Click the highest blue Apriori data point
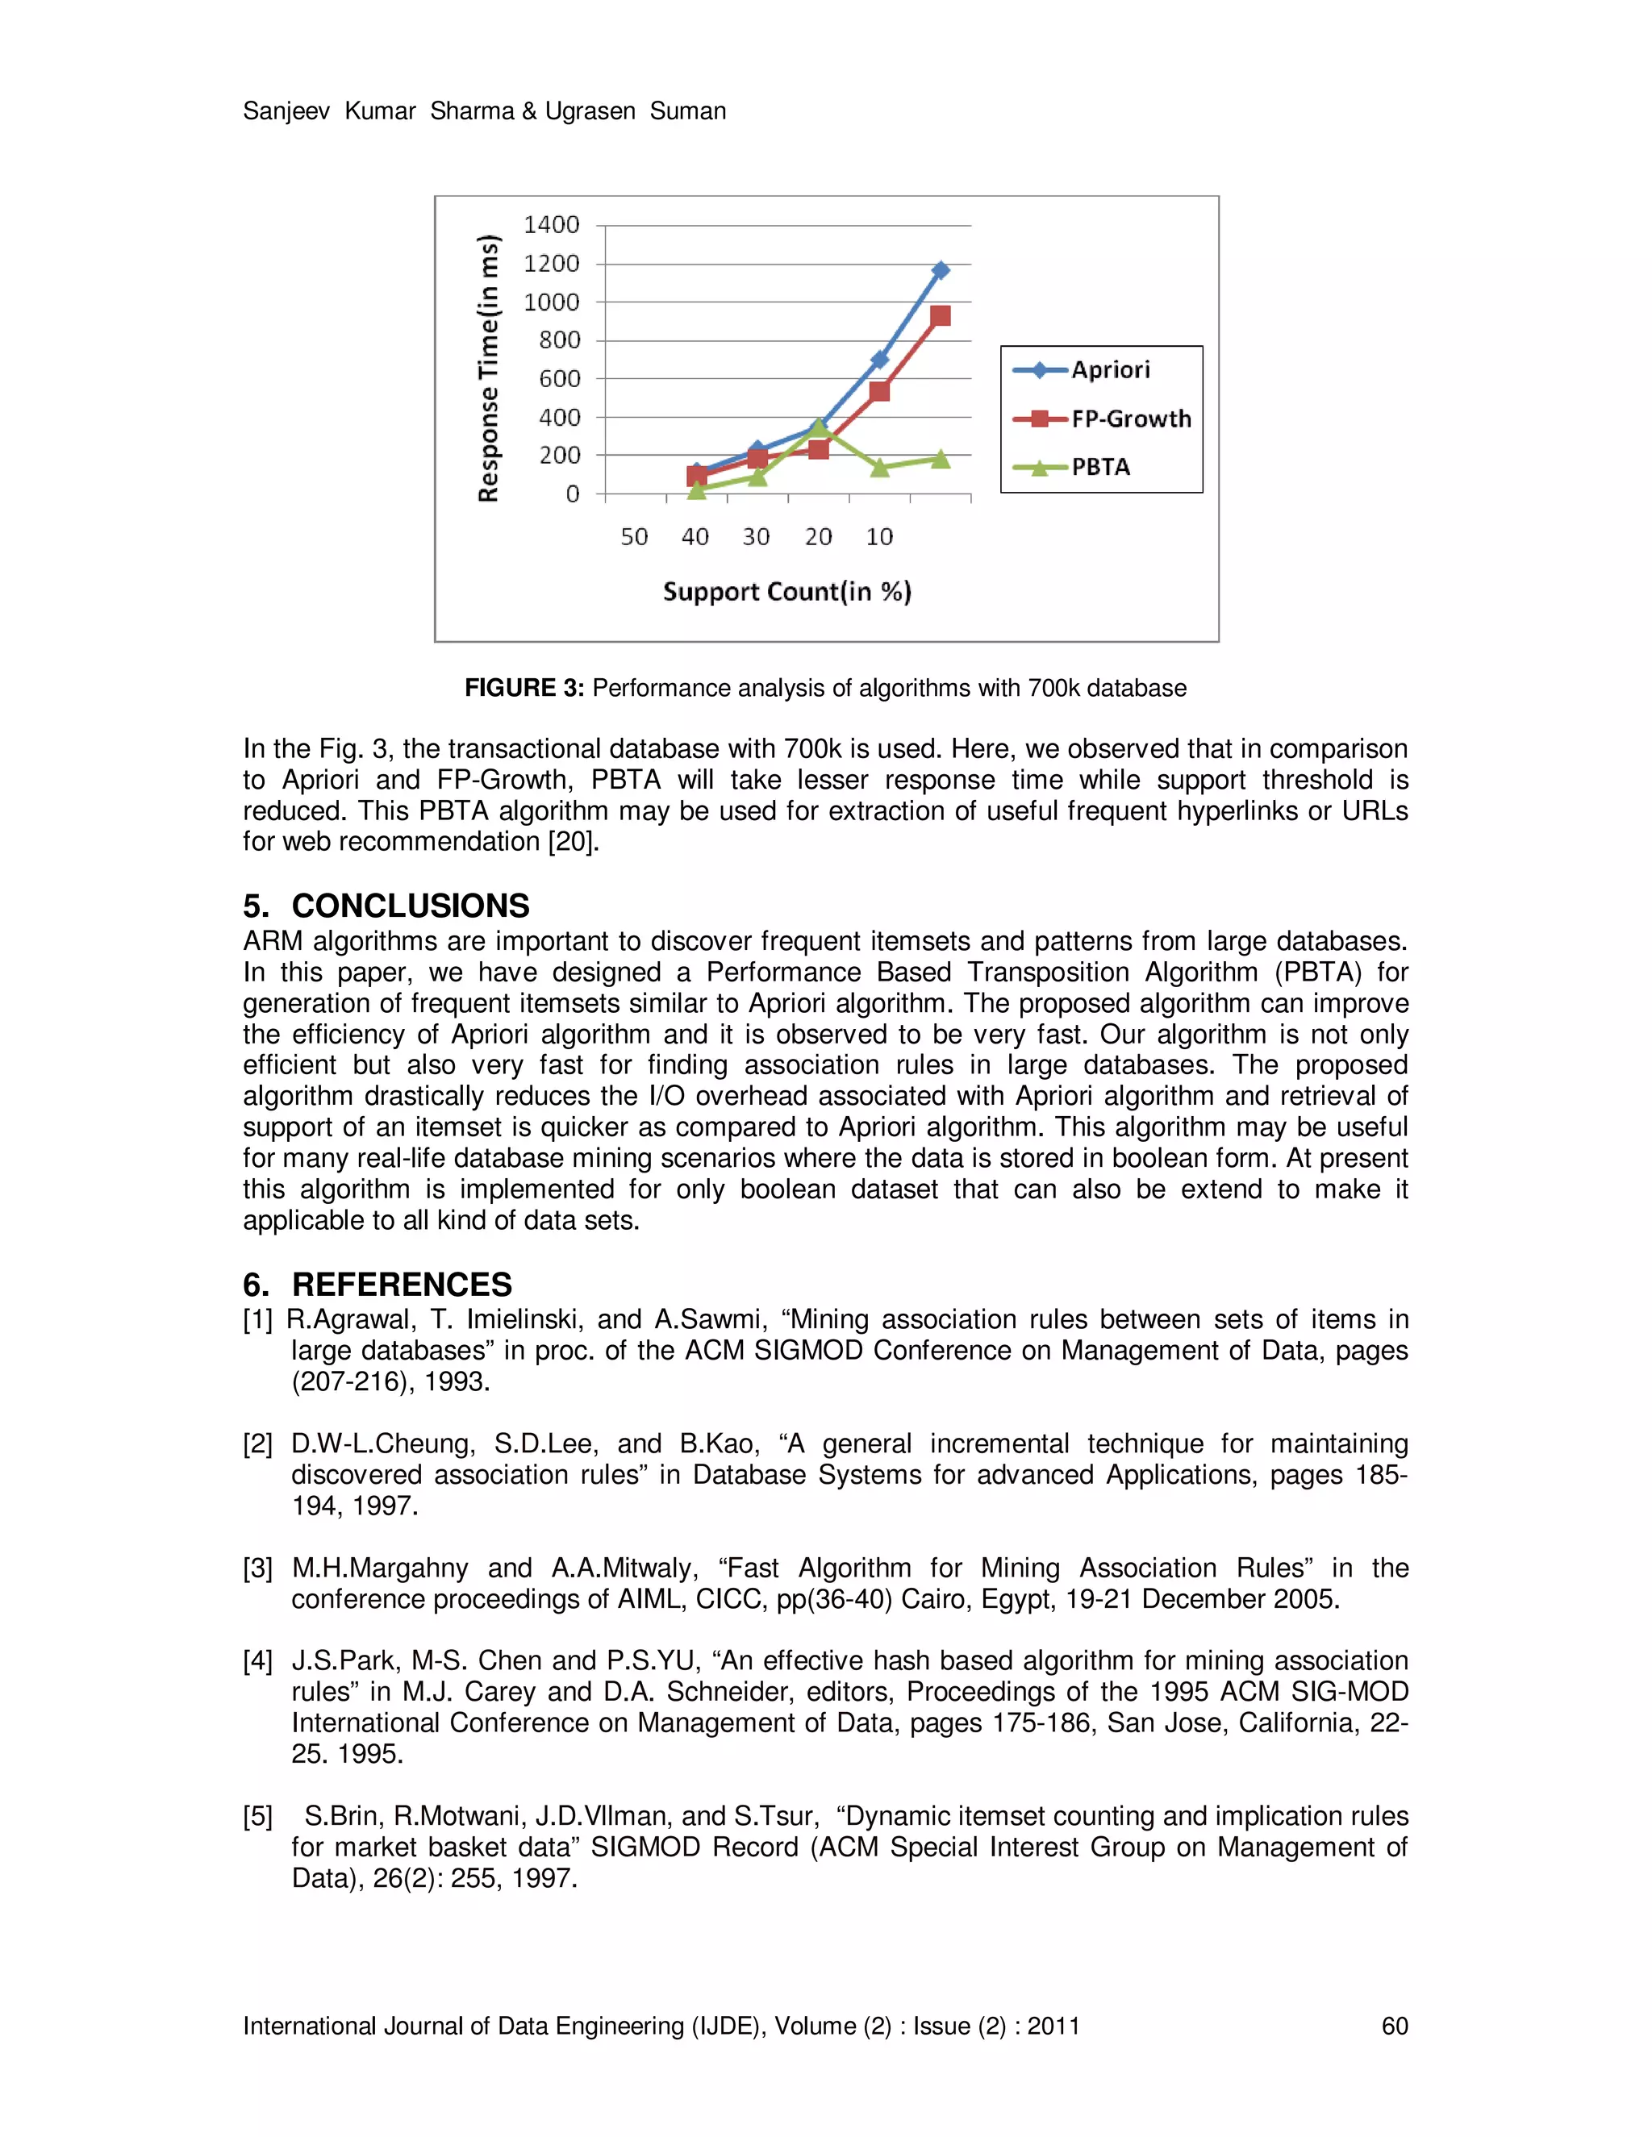click(941, 270)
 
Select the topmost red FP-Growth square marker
click(941, 316)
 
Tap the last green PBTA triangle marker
click(941, 459)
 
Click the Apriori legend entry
click(1110, 370)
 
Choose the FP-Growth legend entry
click(1130, 419)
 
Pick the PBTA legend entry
click(1100, 467)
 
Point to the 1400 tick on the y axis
click(552, 225)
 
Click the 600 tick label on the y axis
click(559, 379)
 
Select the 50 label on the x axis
click(634, 537)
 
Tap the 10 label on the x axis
click(879, 537)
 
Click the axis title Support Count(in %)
click(786, 592)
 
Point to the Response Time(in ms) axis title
click(488, 368)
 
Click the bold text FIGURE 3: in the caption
click(524, 688)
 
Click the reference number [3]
click(258, 1568)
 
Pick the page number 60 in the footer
click(1394, 2026)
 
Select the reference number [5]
click(258, 1817)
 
